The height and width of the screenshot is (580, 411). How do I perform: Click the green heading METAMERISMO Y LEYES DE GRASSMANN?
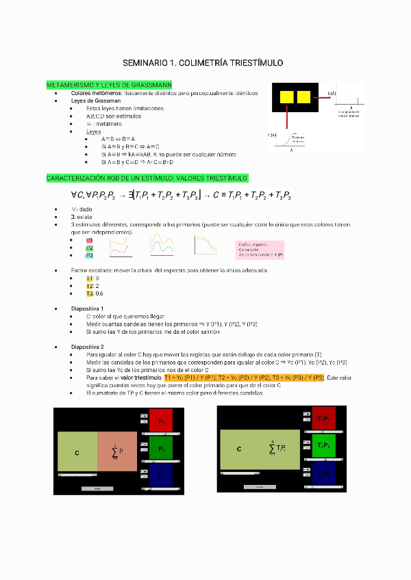click(109, 85)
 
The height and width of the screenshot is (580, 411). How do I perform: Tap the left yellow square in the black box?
click(286, 96)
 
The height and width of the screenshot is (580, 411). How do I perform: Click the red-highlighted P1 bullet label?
click(89, 241)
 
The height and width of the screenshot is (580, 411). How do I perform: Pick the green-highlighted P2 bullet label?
click(89, 248)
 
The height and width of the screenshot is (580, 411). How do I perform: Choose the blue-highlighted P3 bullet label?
click(89, 256)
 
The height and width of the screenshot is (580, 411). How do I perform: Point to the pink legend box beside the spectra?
click(260, 249)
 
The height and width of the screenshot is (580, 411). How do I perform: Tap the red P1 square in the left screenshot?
click(161, 421)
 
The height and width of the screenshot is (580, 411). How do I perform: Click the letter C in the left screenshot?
click(77, 452)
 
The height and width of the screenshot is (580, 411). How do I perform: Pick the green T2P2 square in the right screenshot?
click(323, 445)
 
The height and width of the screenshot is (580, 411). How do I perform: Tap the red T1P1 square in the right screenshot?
click(323, 419)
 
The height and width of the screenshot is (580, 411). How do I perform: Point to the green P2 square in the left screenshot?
click(161, 449)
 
